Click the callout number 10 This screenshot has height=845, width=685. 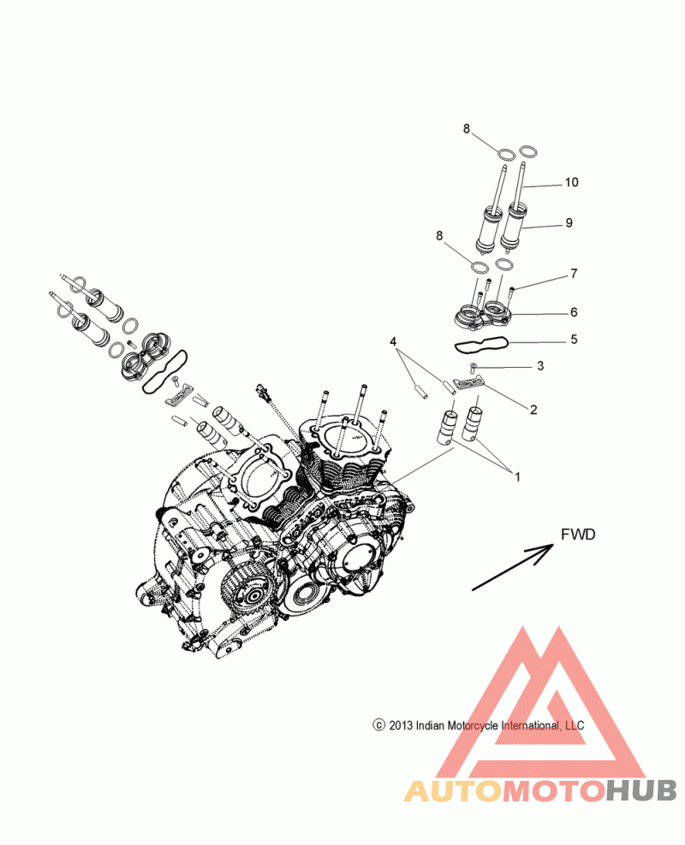coord(571,183)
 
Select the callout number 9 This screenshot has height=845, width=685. coord(569,223)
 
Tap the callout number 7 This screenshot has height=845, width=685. coord(574,274)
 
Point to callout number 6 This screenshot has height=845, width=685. coord(574,312)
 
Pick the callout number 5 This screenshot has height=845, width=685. coord(574,339)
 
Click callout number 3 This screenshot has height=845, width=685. coord(540,366)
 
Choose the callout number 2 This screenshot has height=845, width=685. coord(533,410)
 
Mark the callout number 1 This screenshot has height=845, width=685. coord(517,477)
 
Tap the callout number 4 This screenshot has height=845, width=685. coord(393,341)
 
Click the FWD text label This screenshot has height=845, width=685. coord(578,535)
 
